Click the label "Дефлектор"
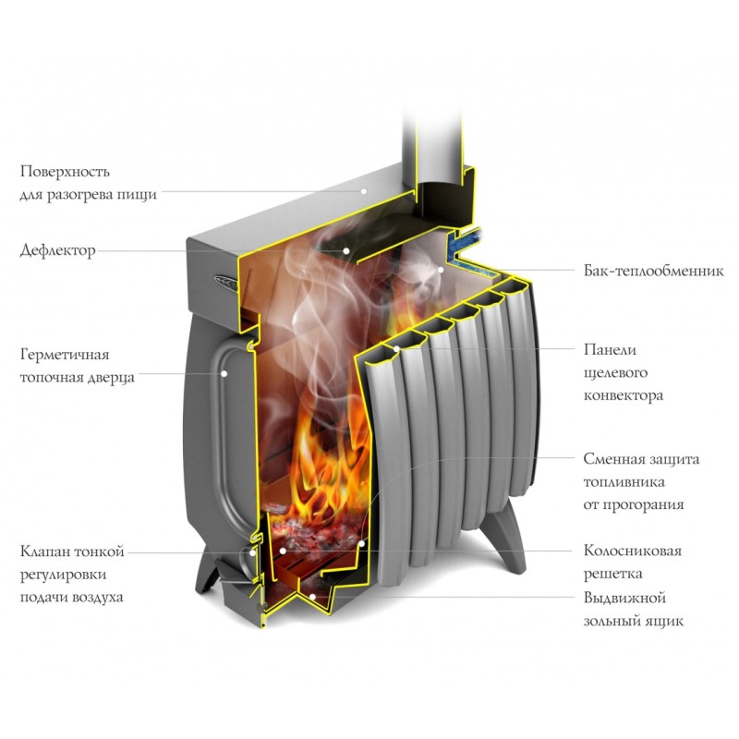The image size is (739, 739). click(57, 250)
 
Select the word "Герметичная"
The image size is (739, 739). click(64, 355)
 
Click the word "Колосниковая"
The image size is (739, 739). click(633, 551)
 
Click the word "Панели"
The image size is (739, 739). click(611, 350)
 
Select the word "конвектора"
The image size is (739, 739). click(624, 395)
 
